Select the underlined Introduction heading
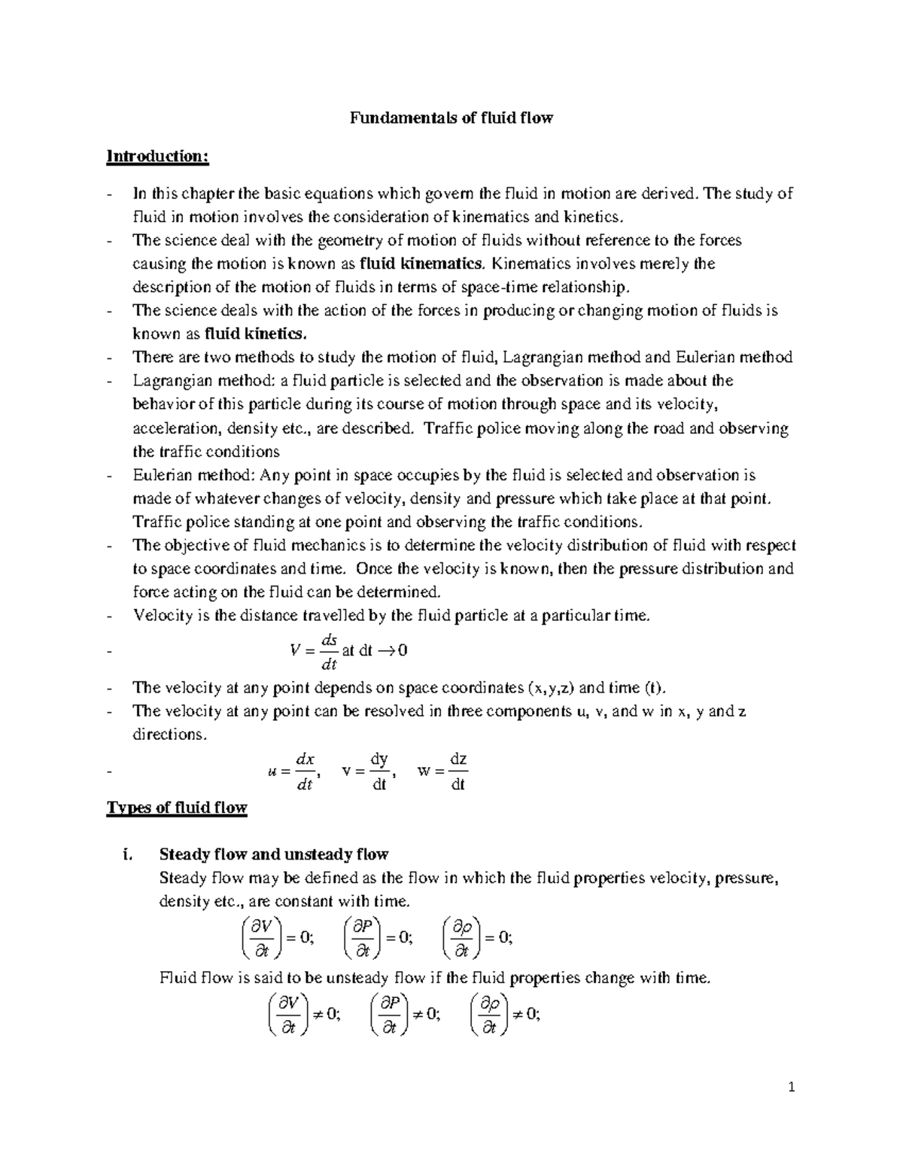pos(157,157)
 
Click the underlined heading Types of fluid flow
pos(177,808)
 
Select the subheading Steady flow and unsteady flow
pos(274,854)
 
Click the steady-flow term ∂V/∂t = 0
pos(275,938)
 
